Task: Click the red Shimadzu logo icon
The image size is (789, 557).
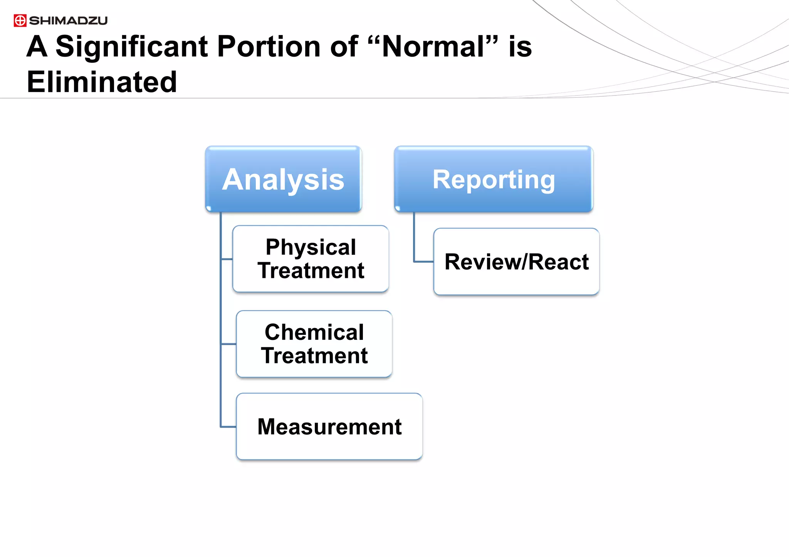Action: (20, 20)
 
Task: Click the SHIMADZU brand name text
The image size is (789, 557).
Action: (68, 21)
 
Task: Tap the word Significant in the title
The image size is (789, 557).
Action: (131, 47)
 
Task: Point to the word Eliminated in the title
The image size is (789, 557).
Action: (102, 82)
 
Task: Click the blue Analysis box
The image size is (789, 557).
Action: (283, 179)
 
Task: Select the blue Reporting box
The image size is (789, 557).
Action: (493, 179)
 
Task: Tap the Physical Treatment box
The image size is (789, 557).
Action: (311, 259)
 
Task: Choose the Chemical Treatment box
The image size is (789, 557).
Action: (314, 344)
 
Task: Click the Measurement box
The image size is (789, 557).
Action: (329, 427)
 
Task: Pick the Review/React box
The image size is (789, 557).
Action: (516, 262)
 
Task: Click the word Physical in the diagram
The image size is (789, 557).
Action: (311, 247)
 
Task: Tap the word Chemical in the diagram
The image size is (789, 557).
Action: (314, 332)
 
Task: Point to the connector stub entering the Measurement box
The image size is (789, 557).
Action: (228, 427)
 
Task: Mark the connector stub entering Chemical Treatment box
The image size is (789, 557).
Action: (228, 344)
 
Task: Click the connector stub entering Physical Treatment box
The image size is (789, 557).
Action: (227, 259)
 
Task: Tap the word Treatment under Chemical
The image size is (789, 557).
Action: (314, 356)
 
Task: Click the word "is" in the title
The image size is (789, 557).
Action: (520, 47)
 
